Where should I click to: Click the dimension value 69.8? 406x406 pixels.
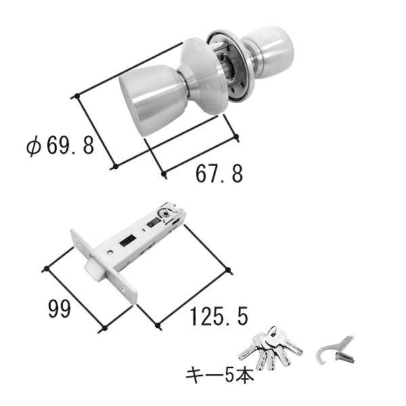click(x=70, y=146)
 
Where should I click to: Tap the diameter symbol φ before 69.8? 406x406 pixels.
click(x=34, y=147)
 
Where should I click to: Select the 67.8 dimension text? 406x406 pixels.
click(x=219, y=175)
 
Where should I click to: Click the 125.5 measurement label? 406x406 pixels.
click(x=218, y=315)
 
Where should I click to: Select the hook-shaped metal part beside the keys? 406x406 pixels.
click(x=336, y=349)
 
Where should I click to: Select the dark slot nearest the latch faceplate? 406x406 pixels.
click(x=127, y=240)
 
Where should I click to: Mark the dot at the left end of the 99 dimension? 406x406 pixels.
click(x=46, y=269)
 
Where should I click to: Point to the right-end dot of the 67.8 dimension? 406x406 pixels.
click(x=237, y=138)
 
